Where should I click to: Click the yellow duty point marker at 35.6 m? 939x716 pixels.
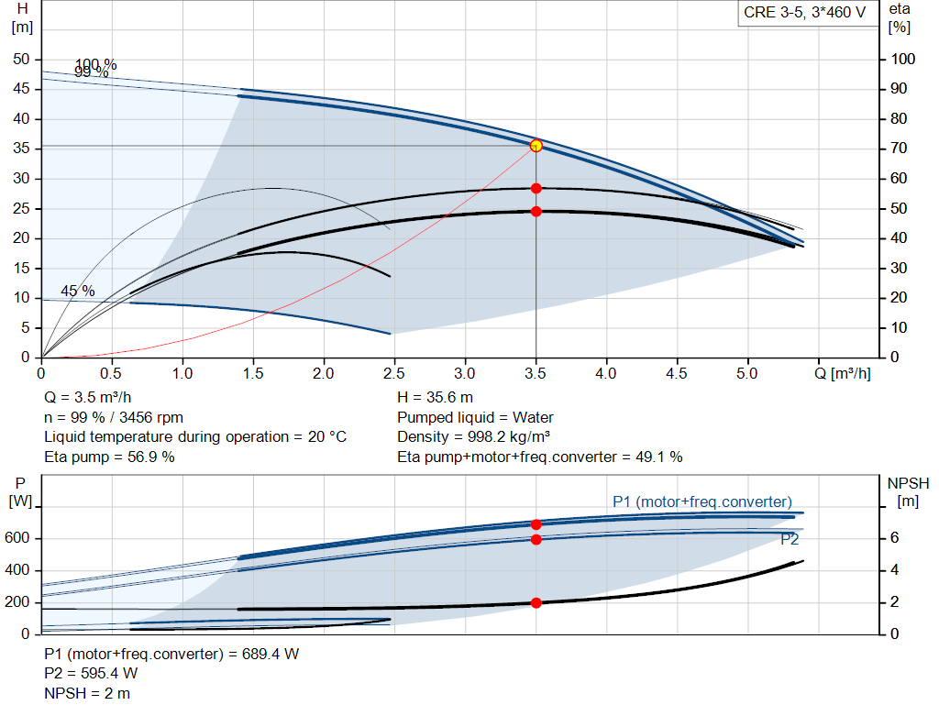tap(536, 146)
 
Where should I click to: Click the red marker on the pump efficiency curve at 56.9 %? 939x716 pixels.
tap(536, 189)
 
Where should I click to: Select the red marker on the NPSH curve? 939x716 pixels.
tap(536, 602)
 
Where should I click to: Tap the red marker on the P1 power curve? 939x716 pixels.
tap(536, 524)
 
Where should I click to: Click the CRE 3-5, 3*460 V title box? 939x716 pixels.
tap(804, 14)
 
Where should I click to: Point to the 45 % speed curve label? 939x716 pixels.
tap(78, 291)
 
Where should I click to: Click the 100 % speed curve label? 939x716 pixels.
tap(96, 64)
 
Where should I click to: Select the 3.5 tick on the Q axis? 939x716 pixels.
tap(536, 373)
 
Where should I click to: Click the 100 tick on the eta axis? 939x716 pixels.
tap(903, 60)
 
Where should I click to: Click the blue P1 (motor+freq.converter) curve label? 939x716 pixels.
tap(701, 501)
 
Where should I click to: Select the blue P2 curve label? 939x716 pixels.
tap(790, 540)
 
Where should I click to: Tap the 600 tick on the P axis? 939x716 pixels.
tap(20, 538)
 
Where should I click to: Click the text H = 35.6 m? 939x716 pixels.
tap(436, 397)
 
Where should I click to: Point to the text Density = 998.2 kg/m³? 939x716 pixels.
tap(473, 436)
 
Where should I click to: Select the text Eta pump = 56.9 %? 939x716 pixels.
tap(109, 457)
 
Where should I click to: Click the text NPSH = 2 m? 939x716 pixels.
tap(87, 693)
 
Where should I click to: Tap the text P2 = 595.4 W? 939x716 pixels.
tap(91, 674)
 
